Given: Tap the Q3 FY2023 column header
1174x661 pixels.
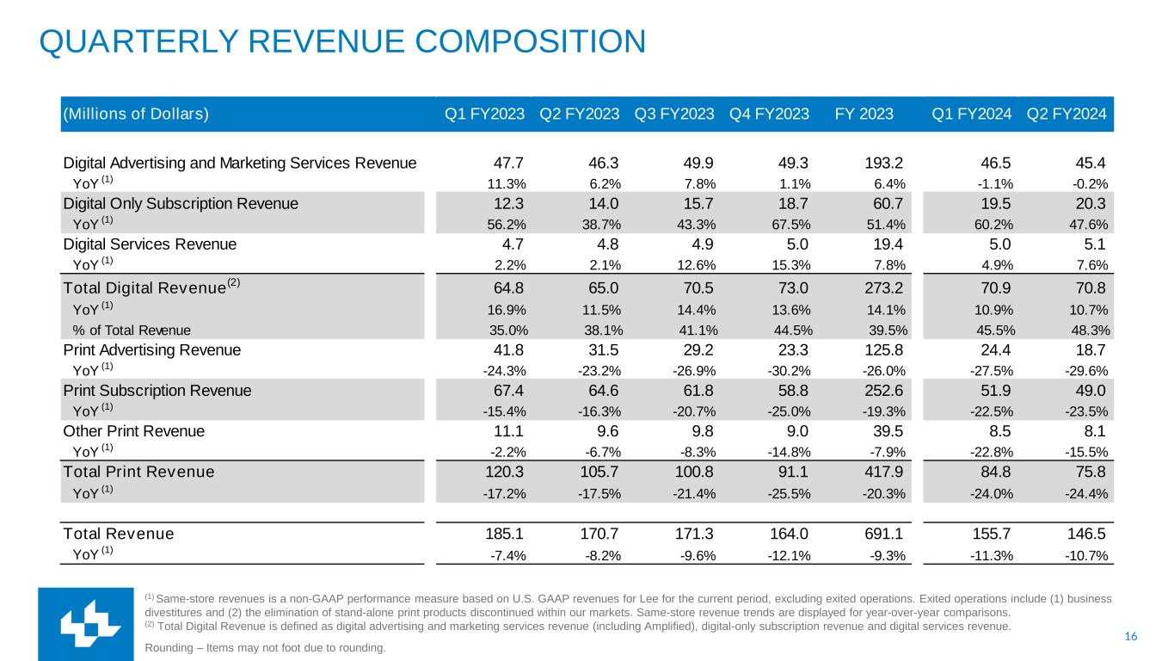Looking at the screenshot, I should pyautogui.click(x=673, y=114).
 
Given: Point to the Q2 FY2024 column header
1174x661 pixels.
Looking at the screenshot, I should pyautogui.click(x=1066, y=114).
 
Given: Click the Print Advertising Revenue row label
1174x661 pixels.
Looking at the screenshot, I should pyautogui.click(x=152, y=350).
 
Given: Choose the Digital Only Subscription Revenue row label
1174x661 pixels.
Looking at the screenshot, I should pyautogui.click(x=181, y=204).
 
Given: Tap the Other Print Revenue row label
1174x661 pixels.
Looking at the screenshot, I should pyautogui.click(x=134, y=431).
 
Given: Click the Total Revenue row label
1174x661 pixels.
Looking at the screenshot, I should pyautogui.click(x=119, y=534).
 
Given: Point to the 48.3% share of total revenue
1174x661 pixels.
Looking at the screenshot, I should pyautogui.click(x=1087, y=330).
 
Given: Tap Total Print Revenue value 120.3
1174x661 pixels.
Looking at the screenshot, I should pyautogui.click(x=507, y=472).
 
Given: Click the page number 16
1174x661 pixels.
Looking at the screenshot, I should pyautogui.click(x=1130, y=637).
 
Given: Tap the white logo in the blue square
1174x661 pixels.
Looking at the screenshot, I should pyautogui.click(x=85, y=625).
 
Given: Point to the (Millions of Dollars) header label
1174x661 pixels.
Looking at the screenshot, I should pyautogui.click(x=135, y=114).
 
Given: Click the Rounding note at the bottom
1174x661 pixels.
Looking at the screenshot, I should pyautogui.click(x=266, y=647).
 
